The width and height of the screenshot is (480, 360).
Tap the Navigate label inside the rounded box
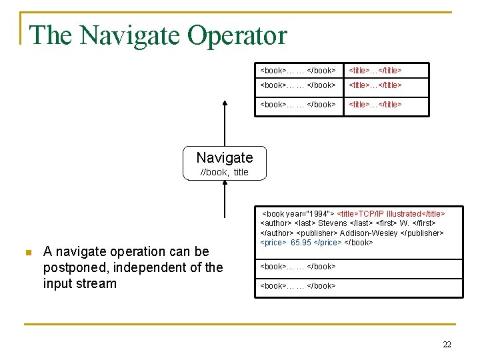225,157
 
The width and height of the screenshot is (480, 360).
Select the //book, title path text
225,172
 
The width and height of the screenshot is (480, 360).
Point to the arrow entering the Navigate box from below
225,197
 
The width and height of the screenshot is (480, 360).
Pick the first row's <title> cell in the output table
376,70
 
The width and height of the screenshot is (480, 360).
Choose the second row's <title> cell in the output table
376,85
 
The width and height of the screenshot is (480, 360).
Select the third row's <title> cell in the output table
376,104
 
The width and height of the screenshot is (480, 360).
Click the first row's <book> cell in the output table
297,70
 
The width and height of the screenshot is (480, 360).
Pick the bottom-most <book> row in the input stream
297,286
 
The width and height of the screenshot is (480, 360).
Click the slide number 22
447,344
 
